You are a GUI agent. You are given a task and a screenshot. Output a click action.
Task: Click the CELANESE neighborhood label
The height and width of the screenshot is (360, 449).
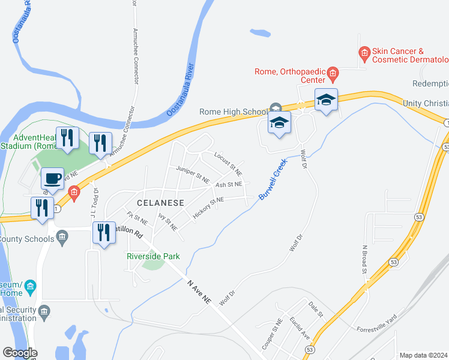click(159, 203)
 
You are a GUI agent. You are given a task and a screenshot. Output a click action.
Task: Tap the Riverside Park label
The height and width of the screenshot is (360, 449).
click(153, 256)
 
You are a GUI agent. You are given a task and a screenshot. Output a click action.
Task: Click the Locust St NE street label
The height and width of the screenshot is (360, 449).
click(228, 164)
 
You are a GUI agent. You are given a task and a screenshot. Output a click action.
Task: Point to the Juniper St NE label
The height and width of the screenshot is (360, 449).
click(193, 175)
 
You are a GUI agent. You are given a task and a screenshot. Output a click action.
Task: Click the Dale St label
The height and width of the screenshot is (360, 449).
click(316, 310)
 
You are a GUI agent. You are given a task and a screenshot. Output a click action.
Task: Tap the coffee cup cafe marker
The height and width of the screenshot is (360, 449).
click(53, 178)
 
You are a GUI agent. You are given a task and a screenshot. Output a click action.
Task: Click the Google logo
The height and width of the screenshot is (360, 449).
click(20, 353)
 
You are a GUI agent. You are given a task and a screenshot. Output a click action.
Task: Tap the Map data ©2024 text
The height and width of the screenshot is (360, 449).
click(423, 355)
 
